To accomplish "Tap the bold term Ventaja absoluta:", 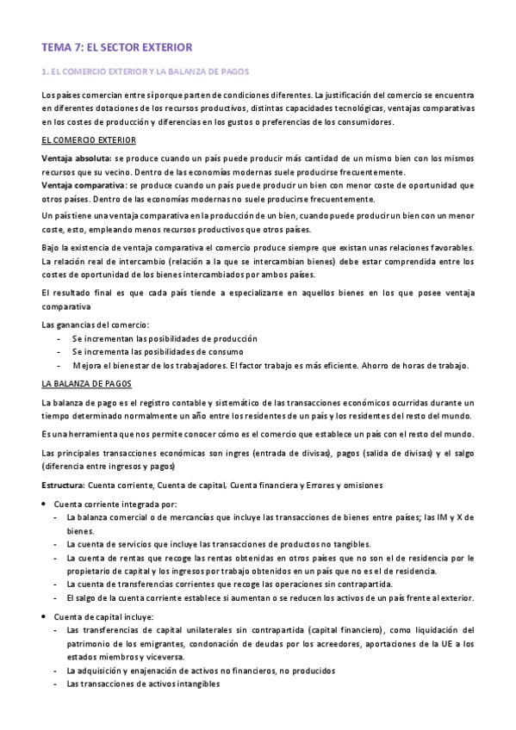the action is (76, 158).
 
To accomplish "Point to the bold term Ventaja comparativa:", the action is (83, 184).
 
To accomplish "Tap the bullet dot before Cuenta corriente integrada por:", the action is (45, 504).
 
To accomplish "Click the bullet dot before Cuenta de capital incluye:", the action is (45, 617).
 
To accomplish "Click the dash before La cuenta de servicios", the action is (56, 544).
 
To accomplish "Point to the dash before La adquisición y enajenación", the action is (56, 671).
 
